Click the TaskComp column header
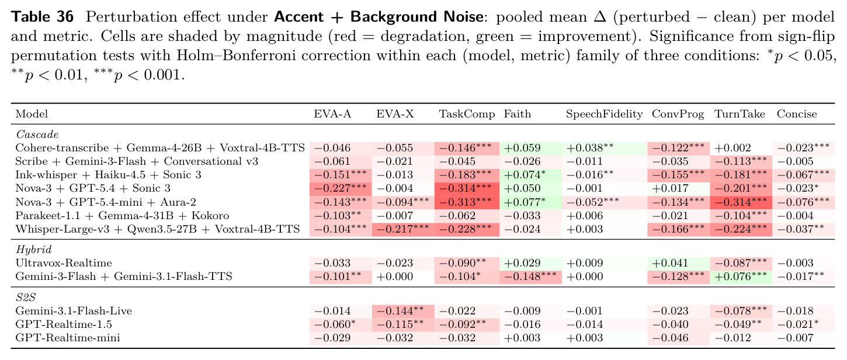(467, 114)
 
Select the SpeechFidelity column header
(604, 114)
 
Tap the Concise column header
(797, 114)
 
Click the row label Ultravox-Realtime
(64, 263)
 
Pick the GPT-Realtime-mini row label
(68, 338)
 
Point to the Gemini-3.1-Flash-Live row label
(74, 311)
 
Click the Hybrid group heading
(34, 250)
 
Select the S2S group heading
(26, 297)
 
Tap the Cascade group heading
(37, 134)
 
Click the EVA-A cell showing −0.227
(341, 188)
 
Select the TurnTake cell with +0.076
(741, 276)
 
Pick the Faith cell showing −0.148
(530, 276)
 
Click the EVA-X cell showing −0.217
(402, 229)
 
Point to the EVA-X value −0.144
(400, 311)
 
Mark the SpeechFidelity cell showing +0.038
(589, 148)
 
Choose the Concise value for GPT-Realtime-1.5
(798, 324)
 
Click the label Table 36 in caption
(42, 17)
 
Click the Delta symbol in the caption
(600, 17)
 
